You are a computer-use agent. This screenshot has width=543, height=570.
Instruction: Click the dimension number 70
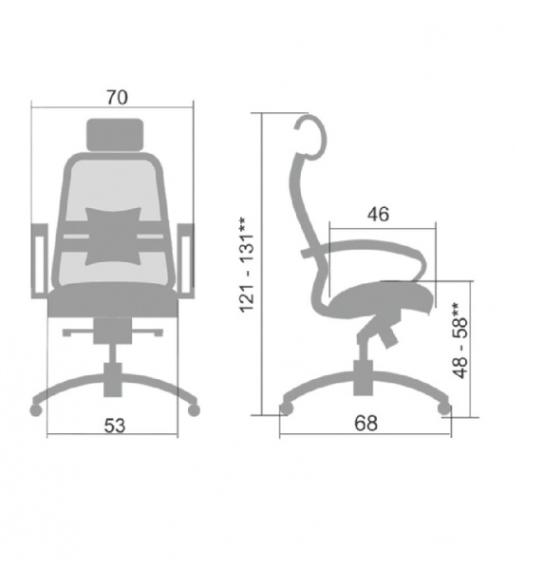(117, 97)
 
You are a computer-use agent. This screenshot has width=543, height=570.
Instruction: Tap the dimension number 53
(115, 426)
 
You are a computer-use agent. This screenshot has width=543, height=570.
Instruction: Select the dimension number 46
(378, 214)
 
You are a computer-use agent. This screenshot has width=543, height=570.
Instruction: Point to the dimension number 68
(365, 423)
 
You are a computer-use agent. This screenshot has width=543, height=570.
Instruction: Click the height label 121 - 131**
(248, 265)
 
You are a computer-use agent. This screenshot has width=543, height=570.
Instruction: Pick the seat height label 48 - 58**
(459, 340)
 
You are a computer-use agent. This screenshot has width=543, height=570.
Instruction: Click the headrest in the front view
(115, 135)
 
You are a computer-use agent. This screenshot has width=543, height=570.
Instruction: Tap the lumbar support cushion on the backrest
(113, 237)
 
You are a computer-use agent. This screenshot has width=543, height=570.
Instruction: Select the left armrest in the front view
(39, 261)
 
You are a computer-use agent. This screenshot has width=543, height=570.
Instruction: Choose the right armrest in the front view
(186, 261)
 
